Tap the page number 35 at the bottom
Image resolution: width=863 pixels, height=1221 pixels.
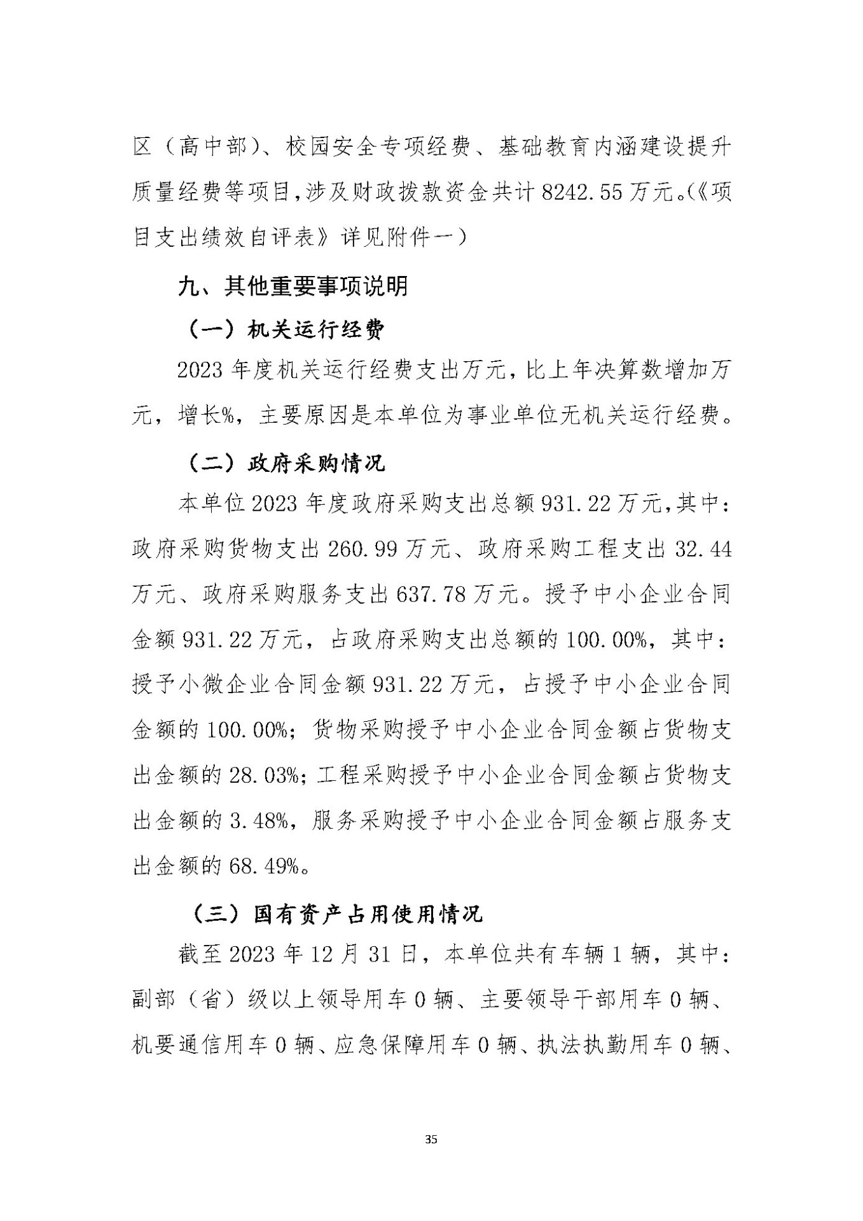[431, 1139]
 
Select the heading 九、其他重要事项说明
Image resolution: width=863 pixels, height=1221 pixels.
[293, 287]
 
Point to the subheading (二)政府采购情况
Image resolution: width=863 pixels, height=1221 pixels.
[287, 463]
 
